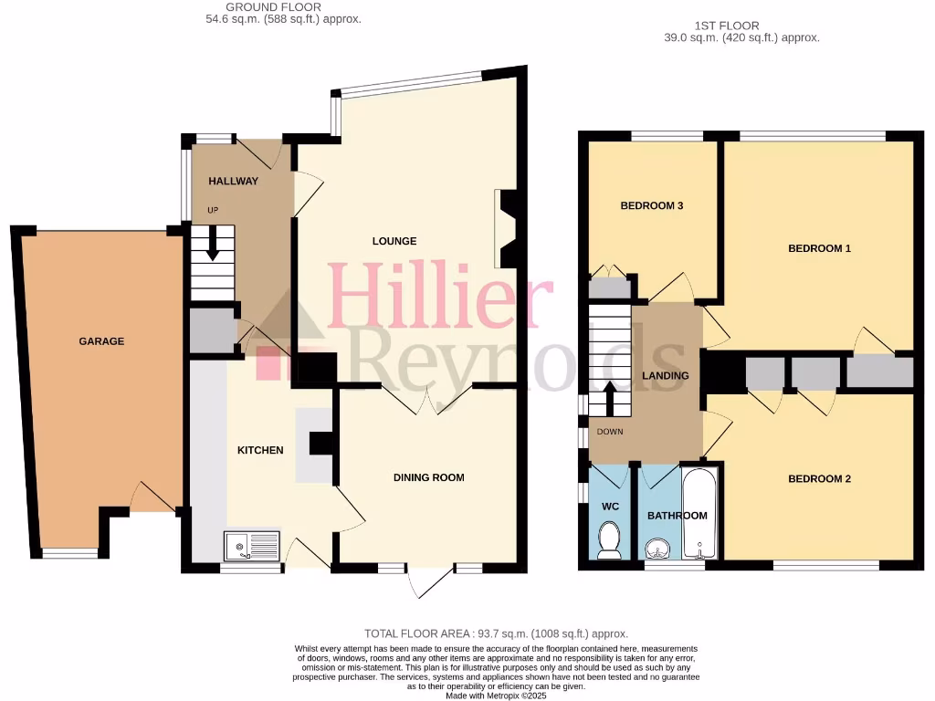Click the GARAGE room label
point(100,341)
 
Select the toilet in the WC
point(609,540)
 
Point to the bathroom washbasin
point(658,549)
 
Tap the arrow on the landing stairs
point(610,398)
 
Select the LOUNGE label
point(394,241)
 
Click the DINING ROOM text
point(428,477)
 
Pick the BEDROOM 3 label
point(652,206)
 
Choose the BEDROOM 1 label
point(819,247)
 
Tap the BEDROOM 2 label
point(819,478)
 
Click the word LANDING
point(665,375)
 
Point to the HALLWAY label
point(233,181)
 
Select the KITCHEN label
point(260,450)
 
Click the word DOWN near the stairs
point(609,432)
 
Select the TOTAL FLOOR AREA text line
point(496,633)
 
